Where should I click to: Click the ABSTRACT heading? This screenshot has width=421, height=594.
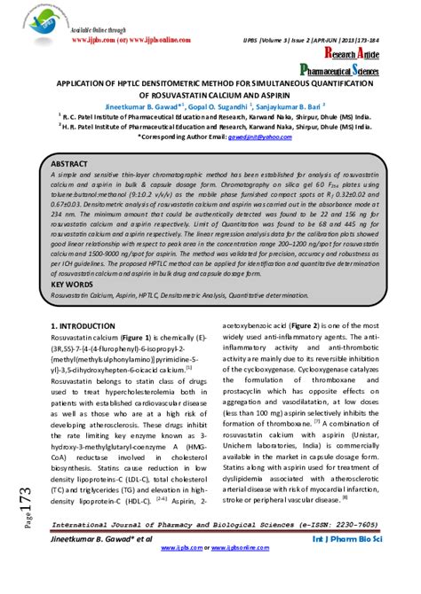click(x=70, y=166)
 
